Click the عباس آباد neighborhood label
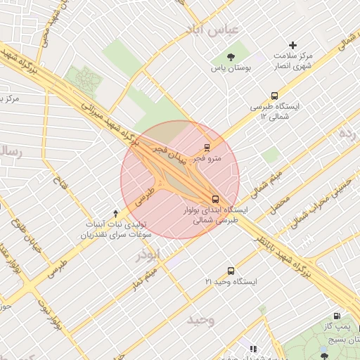click(x=212, y=30)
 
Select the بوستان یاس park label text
click(x=231, y=69)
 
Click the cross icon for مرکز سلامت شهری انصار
click(x=293, y=45)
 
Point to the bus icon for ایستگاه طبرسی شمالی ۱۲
click(x=274, y=96)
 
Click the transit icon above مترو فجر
click(x=207, y=148)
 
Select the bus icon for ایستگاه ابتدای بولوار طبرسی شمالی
click(x=215, y=198)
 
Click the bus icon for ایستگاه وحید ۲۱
click(x=231, y=271)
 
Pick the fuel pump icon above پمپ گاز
click(x=337, y=317)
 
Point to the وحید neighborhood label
click(x=200, y=320)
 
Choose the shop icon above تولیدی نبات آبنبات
click(x=116, y=212)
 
